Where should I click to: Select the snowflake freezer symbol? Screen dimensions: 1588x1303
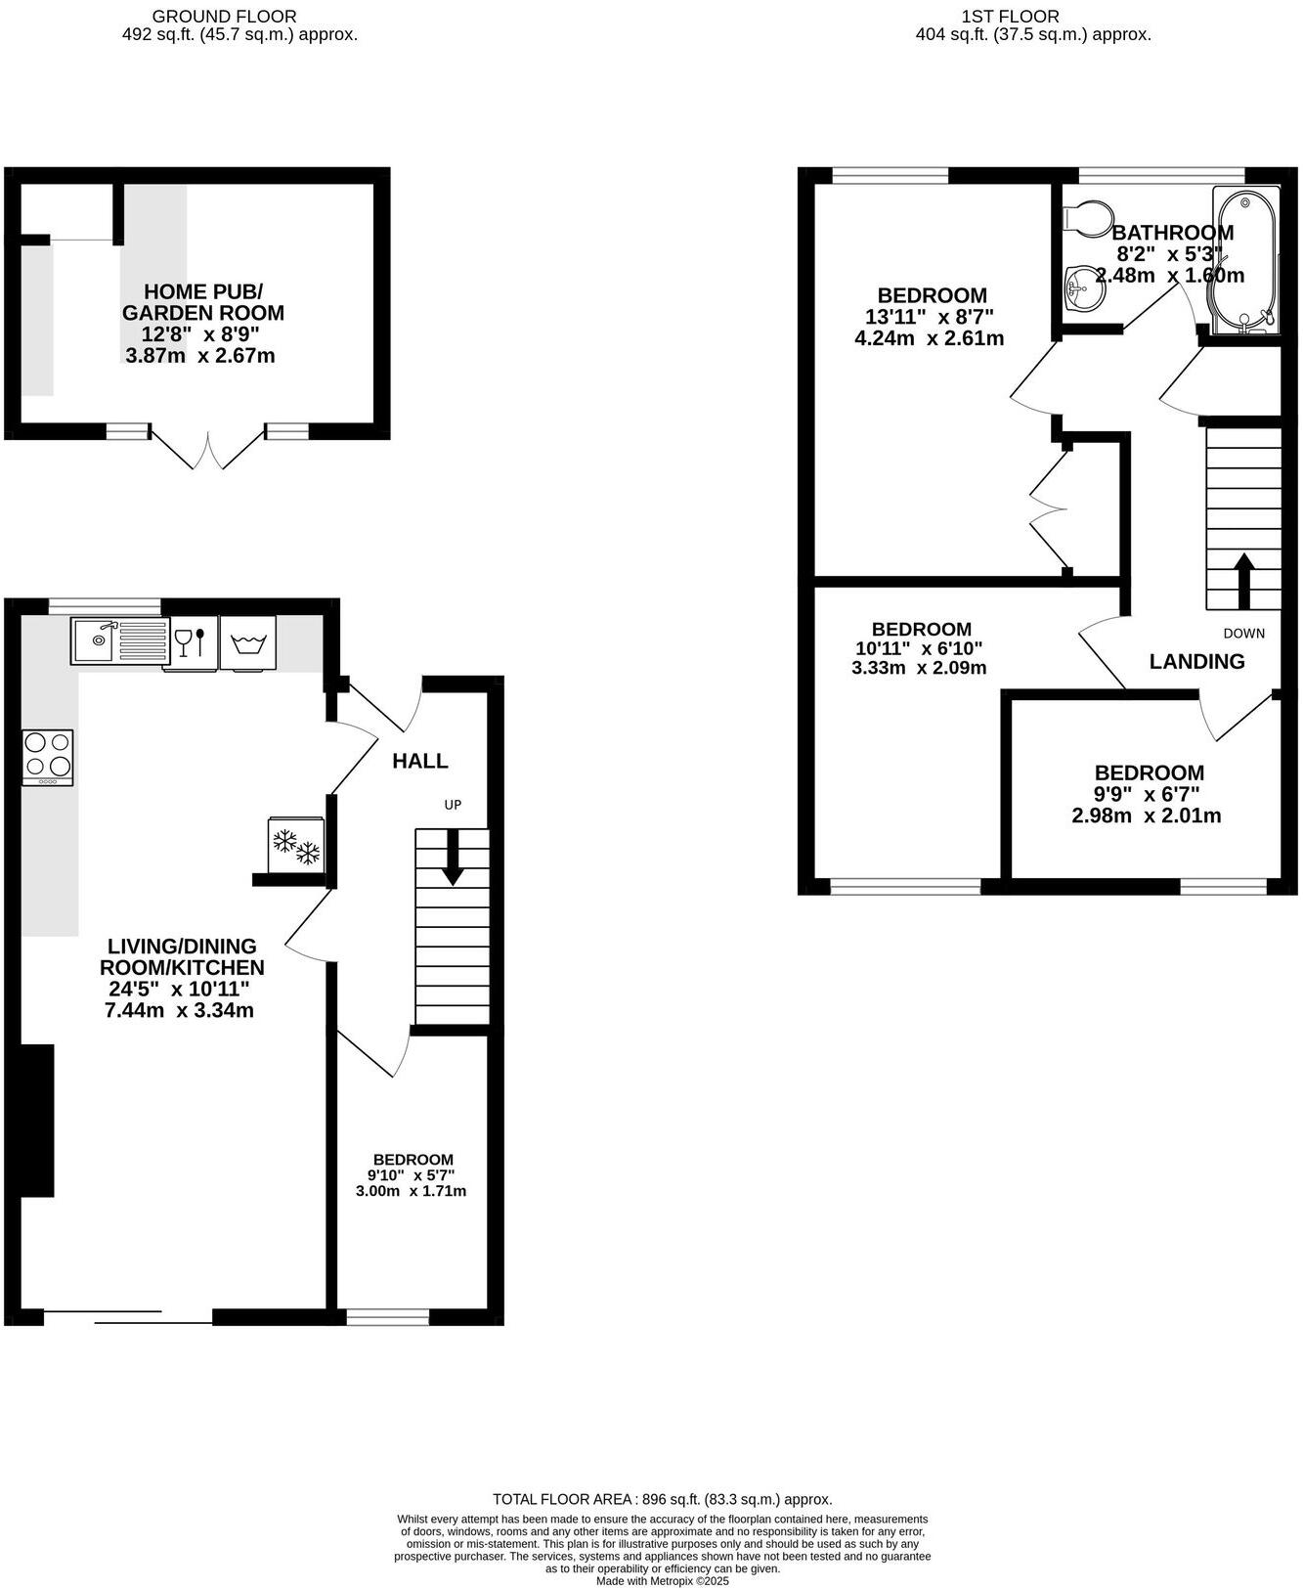coord(295,846)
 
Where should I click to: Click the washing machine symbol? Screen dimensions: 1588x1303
coord(248,642)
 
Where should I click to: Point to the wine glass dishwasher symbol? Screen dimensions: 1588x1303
coord(191,642)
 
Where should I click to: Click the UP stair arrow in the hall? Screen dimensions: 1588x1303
coord(453,859)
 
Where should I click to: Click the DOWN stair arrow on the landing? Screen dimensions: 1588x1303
coord(1244,583)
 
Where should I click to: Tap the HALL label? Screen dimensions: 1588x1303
coord(420,761)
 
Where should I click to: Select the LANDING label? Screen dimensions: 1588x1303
coord(1196,662)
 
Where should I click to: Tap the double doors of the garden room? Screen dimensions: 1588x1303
coord(208,450)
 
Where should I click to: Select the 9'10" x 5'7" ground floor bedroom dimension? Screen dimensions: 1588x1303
coord(411,1175)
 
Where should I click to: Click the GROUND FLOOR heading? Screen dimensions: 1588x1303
coord(224,17)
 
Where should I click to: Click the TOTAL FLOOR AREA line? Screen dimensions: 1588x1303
coord(662,1499)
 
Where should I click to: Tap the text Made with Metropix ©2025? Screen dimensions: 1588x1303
coord(662,1580)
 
